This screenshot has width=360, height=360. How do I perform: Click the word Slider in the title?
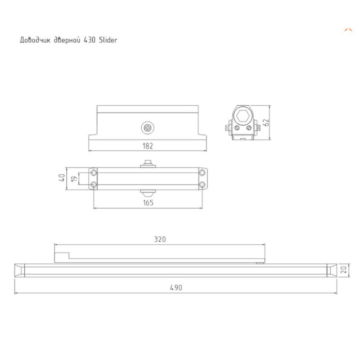click(107, 40)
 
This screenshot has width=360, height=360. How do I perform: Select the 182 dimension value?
click(147, 145)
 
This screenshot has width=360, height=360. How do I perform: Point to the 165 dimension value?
click(147, 202)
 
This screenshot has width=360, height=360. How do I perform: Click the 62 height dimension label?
click(267, 121)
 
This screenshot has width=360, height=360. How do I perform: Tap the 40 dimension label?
click(62, 178)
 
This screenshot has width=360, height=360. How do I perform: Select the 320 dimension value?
click(160, 238)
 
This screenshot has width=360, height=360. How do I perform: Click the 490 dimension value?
click(175, 287)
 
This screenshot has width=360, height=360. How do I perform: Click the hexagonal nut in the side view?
click(244, 117)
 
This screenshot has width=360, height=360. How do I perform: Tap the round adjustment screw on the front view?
click(147, 128)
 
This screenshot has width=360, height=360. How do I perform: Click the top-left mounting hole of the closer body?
click(93, 172)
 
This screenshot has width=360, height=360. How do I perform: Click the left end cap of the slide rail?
click(20, 271)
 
